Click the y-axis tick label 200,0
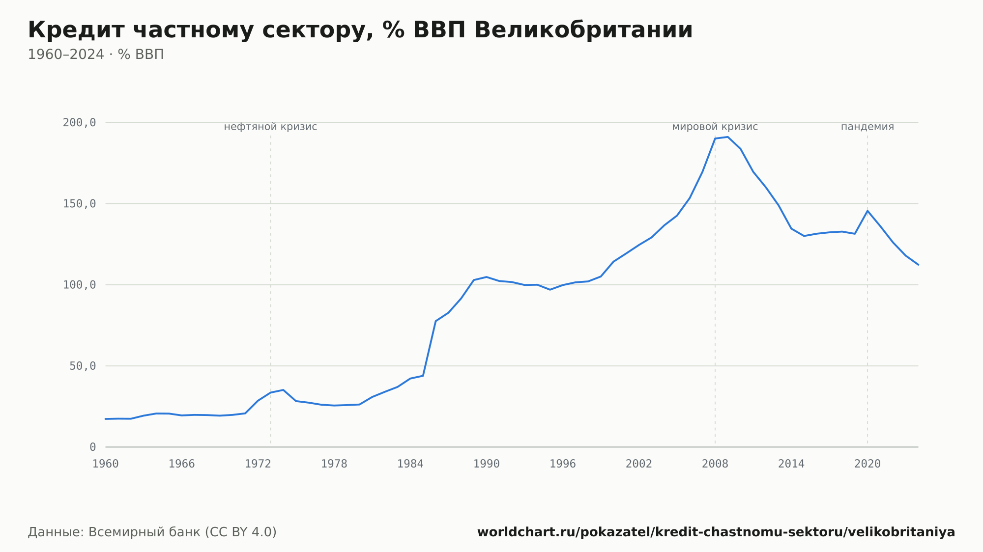pyautogui.click(x=79, y=123)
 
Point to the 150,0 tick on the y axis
pyautogui.click(x=79, y=204)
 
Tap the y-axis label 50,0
pyautogui.click(x=83, y=366)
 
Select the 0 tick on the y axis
pyautogui.click(x=93, y=447)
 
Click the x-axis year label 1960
pyautogui.click(x=106, y=464)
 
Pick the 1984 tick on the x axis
pyautogui.click(x=410, y=464)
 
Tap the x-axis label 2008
pyautogui.click(x=715, y=464)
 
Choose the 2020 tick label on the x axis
pyautogui.click(x=867, y=464)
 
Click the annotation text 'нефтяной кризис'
pyautogui.click(x=270, y=127)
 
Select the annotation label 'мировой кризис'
pyautogui.click(x=715, y=127)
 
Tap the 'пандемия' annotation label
pyautogui.click(x=867, y=127)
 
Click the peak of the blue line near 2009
pyautogui.click(x=728, y=137)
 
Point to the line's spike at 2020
pyautogui.click(x=867, y=211)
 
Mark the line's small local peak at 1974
pyautogui.click(x=283, y=390)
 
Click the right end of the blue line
pyautogui.click(x=918, y=265)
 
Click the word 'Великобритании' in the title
pyautogui.click(x=583, y=30)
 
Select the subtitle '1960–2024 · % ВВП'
pyautogui.click(x=96, y=55)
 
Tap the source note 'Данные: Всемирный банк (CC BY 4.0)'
pyautogui.click(x=152, y=532)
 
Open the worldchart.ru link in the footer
pyautogui.click(x=716, y=532)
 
